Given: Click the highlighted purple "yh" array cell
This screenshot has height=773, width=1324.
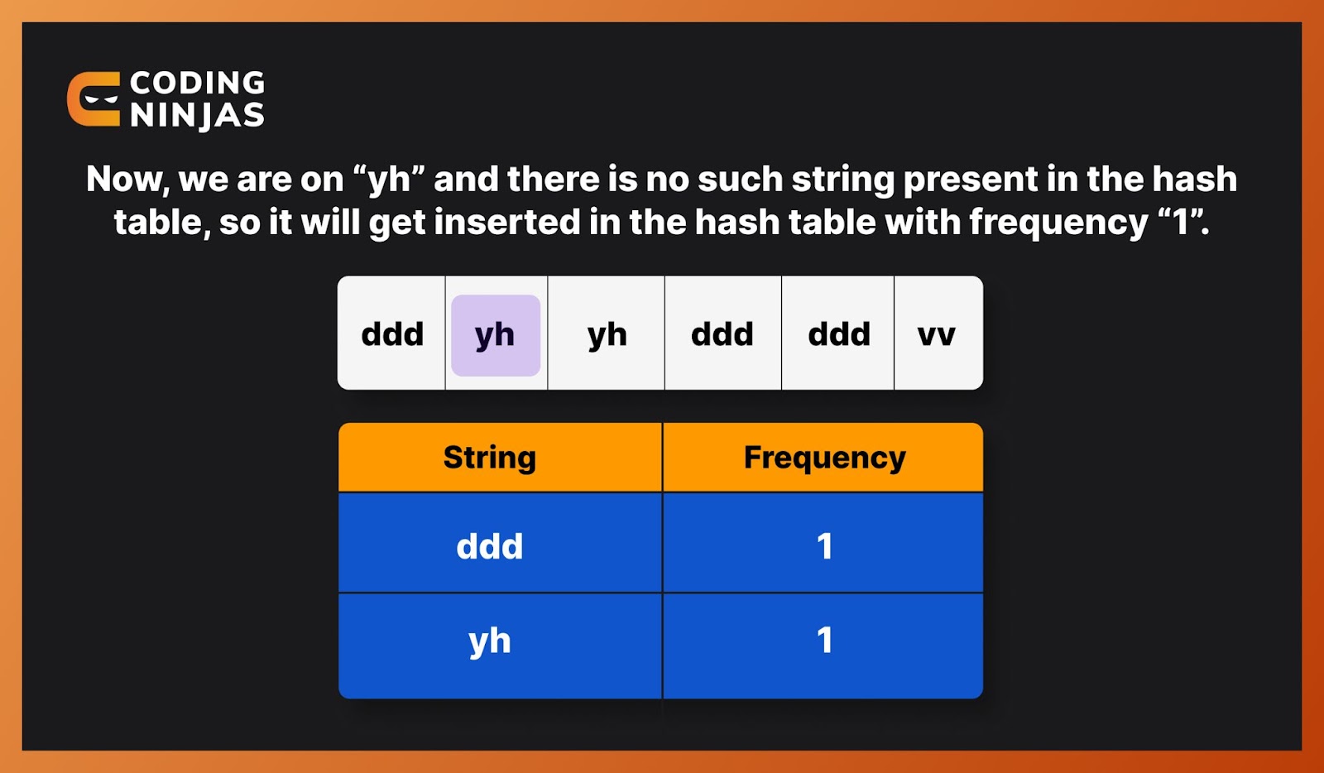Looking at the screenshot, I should coord(496,335).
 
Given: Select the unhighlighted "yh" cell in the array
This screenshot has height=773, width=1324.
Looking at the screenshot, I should coord(607,335).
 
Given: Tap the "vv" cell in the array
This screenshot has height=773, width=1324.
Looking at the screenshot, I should coord(937,335).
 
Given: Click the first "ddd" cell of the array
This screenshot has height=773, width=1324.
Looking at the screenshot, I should coord(392,335).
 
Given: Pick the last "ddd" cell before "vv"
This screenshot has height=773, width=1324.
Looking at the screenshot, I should coord(838,335).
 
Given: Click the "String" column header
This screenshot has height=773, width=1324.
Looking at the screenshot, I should coord(490,458).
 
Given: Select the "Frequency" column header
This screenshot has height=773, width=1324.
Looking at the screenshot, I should coord(824,458).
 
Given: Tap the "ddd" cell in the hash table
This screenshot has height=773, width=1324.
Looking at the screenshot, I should coord(490,546).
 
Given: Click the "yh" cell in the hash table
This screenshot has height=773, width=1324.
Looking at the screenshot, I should coord(490,641).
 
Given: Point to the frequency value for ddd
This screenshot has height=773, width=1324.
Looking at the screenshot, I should coord(824,546).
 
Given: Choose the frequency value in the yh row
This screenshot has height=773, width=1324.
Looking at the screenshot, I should coord(824,641).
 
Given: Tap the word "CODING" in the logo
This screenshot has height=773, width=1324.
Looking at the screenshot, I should coord(197,83).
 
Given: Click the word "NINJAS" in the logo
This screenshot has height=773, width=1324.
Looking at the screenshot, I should coord(197,115).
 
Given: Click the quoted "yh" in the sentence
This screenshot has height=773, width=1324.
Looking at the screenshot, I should coord(388,180).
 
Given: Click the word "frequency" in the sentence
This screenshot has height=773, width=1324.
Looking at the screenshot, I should coord(1058,222).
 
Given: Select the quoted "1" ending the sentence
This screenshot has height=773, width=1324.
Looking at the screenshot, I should coord(1182,222).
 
